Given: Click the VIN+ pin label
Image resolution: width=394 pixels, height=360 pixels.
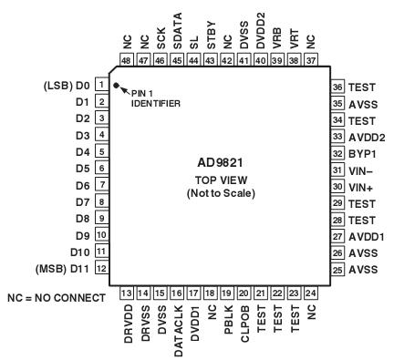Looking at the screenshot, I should tap(360, 185).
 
